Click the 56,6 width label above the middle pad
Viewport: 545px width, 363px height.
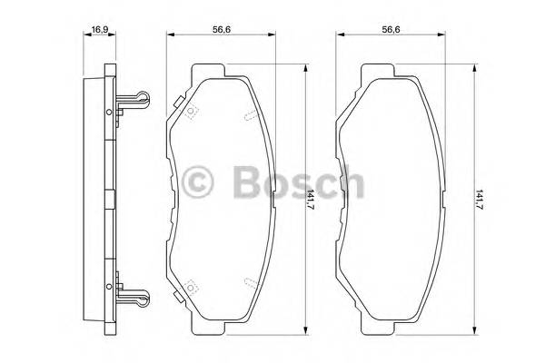(222, 28)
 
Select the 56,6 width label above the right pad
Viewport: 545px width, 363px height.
(391, 28)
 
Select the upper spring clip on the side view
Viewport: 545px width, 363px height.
(134, 99)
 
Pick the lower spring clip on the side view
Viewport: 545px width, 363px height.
(134, 296)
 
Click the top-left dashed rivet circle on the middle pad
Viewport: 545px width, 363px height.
(192, 113)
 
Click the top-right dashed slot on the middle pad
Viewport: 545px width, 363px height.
(250, 113)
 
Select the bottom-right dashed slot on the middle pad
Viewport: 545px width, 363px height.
(250, 282)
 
